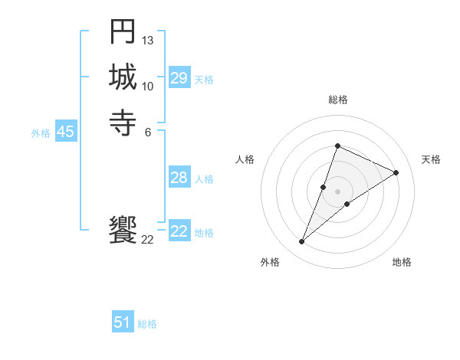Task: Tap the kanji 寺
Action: tap(123, 122)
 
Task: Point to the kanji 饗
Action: tap(123, 230)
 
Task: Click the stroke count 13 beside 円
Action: tap(148, 40)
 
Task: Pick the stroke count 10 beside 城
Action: tap(148, 86)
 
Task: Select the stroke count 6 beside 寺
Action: tap(148, 131)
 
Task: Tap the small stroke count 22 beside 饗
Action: tap(148, 240)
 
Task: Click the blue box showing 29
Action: tap(179, 78)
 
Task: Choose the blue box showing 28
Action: tap(179, 178)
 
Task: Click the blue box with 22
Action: tap(179, 231)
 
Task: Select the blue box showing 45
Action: tap(65, 132)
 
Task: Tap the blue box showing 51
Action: tap(123, 322)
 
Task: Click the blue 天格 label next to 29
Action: tap(204, 79)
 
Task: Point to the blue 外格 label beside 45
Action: tap(41, 133)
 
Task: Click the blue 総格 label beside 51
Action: tap(147, 324)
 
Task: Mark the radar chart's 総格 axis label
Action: tap(337, 100)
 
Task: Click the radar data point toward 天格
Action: tap(396, 172)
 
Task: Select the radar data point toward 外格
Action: tap(302, 242)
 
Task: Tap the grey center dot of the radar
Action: tap(337, 191)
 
